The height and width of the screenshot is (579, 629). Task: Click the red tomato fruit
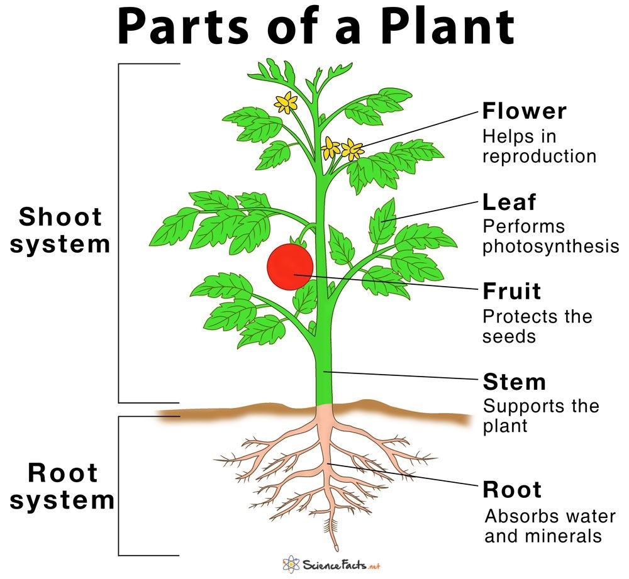290,267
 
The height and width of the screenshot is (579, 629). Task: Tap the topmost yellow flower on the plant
287,102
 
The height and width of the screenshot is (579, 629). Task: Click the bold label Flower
524,111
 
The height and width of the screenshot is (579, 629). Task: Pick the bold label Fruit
511,291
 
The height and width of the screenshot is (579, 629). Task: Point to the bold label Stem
514,382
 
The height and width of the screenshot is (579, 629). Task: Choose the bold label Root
511,489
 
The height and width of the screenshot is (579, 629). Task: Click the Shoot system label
60,230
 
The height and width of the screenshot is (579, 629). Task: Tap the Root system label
62,487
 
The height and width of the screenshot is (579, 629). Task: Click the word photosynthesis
550,246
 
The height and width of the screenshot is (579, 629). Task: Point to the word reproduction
539,155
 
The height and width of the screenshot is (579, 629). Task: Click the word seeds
509,336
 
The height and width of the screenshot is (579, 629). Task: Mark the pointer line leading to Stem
403,377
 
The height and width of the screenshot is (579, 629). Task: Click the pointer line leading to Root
403,476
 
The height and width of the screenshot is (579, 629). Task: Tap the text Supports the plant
540,415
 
